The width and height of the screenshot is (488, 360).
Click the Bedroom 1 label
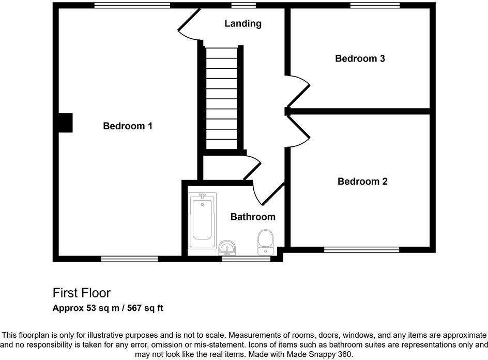pyautogui.click(x=128, y=126)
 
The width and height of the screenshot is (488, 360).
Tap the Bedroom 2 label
pyautogui.click(x=362, y=182)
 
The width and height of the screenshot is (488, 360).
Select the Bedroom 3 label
pyautogui.click(x=360, y=58)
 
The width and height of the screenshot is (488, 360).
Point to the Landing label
pyautogui.click(x=243, y=23)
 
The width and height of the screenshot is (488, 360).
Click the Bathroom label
pyautogui.click(x=253, y=217)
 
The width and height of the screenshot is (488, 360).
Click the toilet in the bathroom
pyautogui.click(x=266, y=242)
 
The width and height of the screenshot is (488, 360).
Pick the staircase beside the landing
pyautogui.click(x=221, y=98)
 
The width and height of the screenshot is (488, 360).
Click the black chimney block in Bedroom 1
pyautogui.click(x=65, y=124)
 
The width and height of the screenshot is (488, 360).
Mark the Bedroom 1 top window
pyautogui.click(x=132, y=6)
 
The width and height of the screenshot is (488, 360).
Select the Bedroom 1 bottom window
pyautogui.click(x=129, y=259)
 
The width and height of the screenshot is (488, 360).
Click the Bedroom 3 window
pyautogui.click(x=375, y=6)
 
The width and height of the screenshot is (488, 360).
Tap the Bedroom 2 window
pyautogui.click(x=362, y=249)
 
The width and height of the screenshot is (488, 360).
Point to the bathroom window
pyautogui.click(x=246, y=259)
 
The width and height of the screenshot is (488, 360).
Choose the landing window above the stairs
pyautogui.click(x=243, y=6)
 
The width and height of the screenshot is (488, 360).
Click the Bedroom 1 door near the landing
pyautogui.click(x=188, y=23)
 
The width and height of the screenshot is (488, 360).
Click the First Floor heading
pyautogui.click(x=82, y=293)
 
